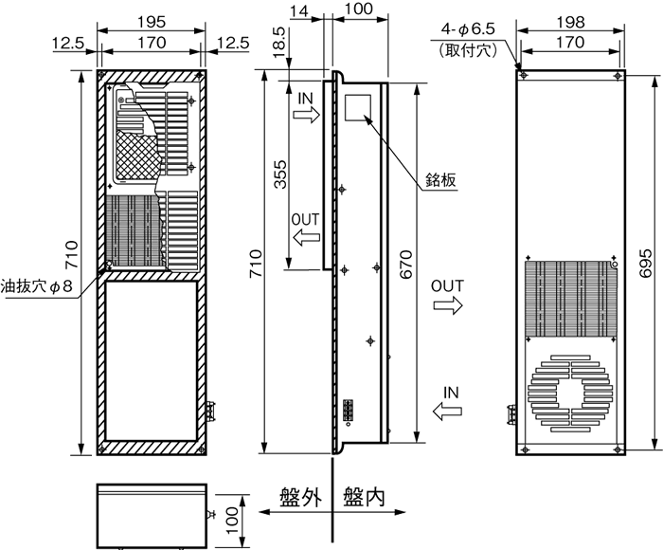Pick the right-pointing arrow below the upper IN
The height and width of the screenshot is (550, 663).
[307, 115]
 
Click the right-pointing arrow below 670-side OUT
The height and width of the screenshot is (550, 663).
[445, 304]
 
